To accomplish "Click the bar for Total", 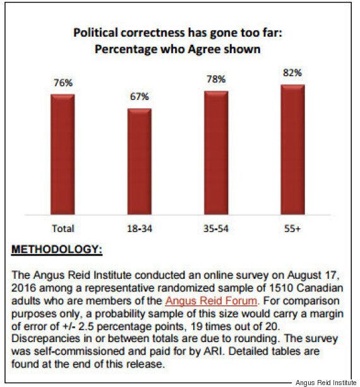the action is point(63,154).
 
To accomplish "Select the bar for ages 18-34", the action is point(140,161).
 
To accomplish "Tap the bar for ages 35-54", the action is point(216,153).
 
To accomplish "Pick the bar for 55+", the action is point(292,150).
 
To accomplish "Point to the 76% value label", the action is point(63,83).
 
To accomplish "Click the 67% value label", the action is point(140,97).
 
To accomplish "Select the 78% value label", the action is point(216,79).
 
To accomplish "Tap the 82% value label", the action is point(292,73).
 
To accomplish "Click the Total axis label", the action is point(63,228).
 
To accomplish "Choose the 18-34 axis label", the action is point(140,229).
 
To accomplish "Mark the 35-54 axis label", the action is point(216,229).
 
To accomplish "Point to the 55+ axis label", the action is point(292,229).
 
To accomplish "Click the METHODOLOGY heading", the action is point(57,249).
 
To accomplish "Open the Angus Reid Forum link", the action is point(211,300).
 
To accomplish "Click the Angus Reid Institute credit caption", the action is point(326,383).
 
